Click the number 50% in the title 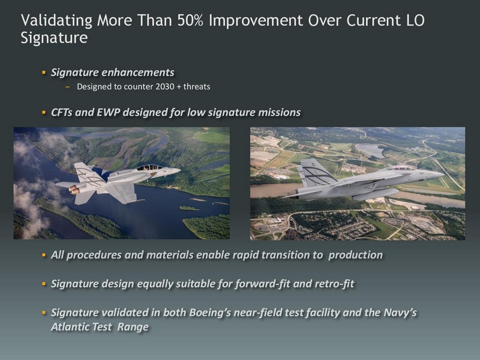pyautogui.click(x=190, y=20)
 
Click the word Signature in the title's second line pyautogui.click(x=54, y=38)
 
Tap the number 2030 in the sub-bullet pyautogui.click(x=164, y=86)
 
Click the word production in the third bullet pyautogui.click(x=355, y=256)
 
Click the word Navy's pyautogui.click(x=400, y=313)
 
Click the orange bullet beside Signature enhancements pyautogui.click(x=44, y=73)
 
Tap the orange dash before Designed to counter pyautogui.click(x=68, y=87)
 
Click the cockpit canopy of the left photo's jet pyautogui.click(x=149, y=167)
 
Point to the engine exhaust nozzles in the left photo pyautogui.click(x=74, y=189)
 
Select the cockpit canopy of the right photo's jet pyautogui.click(x=399, y=168)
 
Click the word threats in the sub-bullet pyautogui.click(x=197, y=86)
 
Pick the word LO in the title pyautogui.click(x=415, y=20)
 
